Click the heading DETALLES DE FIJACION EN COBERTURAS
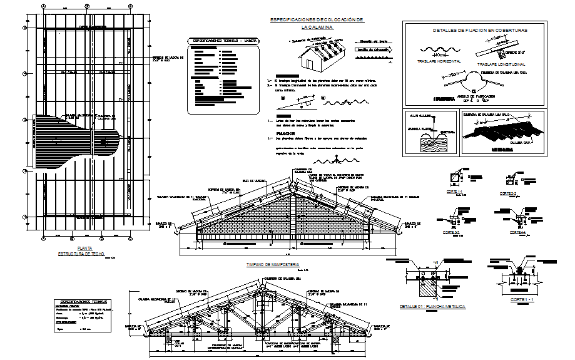[481, 30]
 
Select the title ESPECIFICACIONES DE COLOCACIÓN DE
[317, 20]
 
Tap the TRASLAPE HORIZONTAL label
[439, 61]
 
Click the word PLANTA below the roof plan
[81, 249]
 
